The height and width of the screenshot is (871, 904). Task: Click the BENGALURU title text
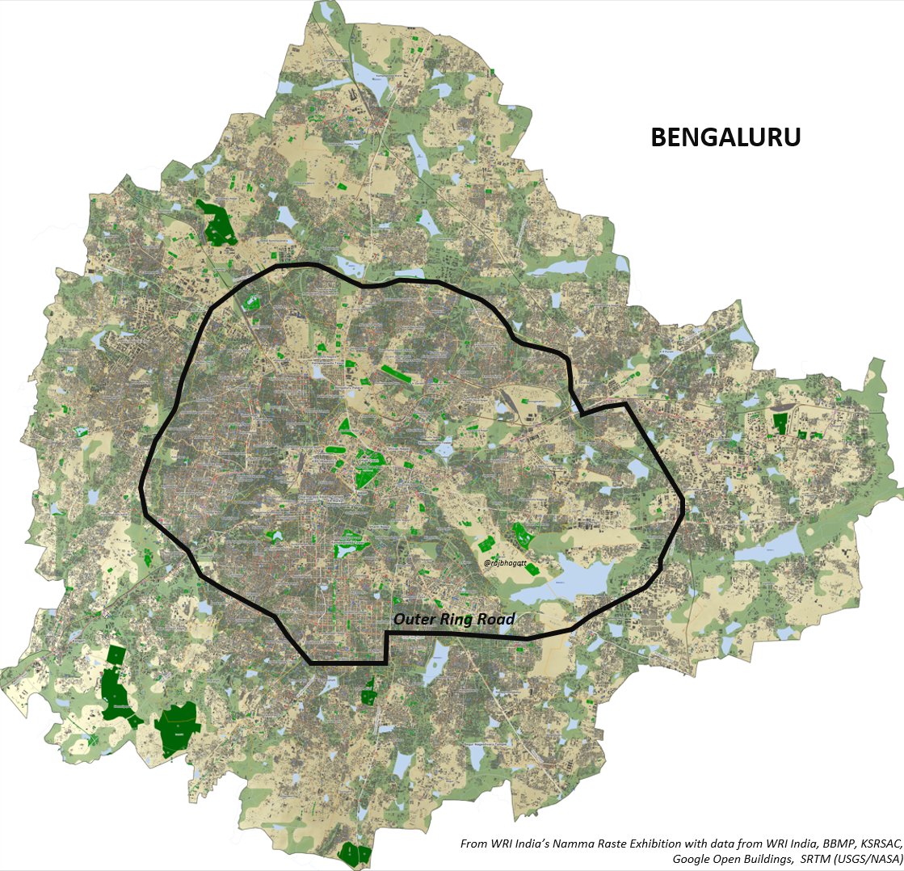(x=725, y=138)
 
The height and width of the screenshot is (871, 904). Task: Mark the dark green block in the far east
(x=780, y=422)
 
